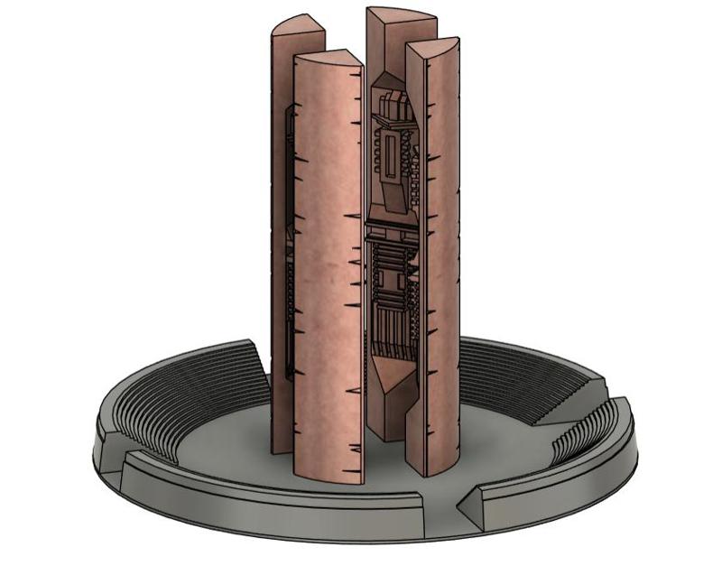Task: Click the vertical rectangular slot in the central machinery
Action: coord(390,153)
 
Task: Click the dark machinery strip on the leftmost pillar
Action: coord(290,244)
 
